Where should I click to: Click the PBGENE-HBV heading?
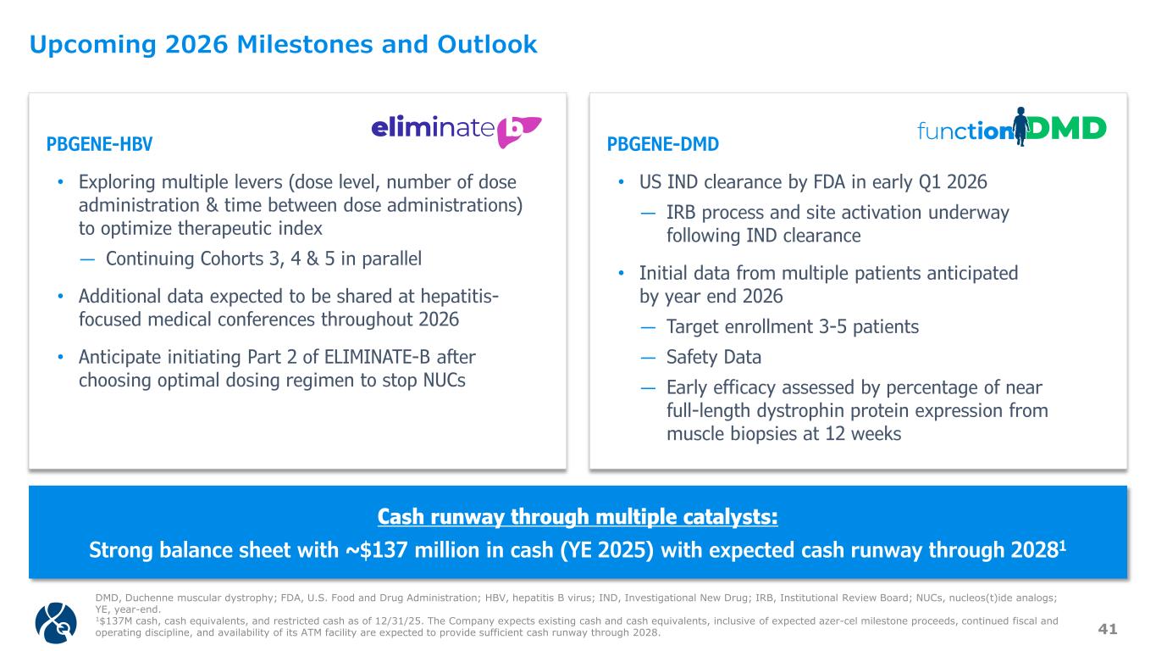tap(99, 144)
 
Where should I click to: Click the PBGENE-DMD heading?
tap(662, 144)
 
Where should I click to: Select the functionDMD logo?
tap(1011, 127)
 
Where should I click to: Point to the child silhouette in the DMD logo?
tap(1020, 126)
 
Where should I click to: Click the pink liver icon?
tap(518, 131)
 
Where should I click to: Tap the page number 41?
tap(1108, 629)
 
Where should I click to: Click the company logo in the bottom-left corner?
tap(56, 622)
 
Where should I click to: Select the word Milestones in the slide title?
tap(305, 44)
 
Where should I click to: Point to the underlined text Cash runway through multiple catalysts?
tap(578, 517)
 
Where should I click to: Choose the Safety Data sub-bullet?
tap(714, 357)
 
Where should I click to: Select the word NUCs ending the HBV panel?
tap(444, 381)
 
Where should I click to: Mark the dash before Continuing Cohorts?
tap(87, 259)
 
